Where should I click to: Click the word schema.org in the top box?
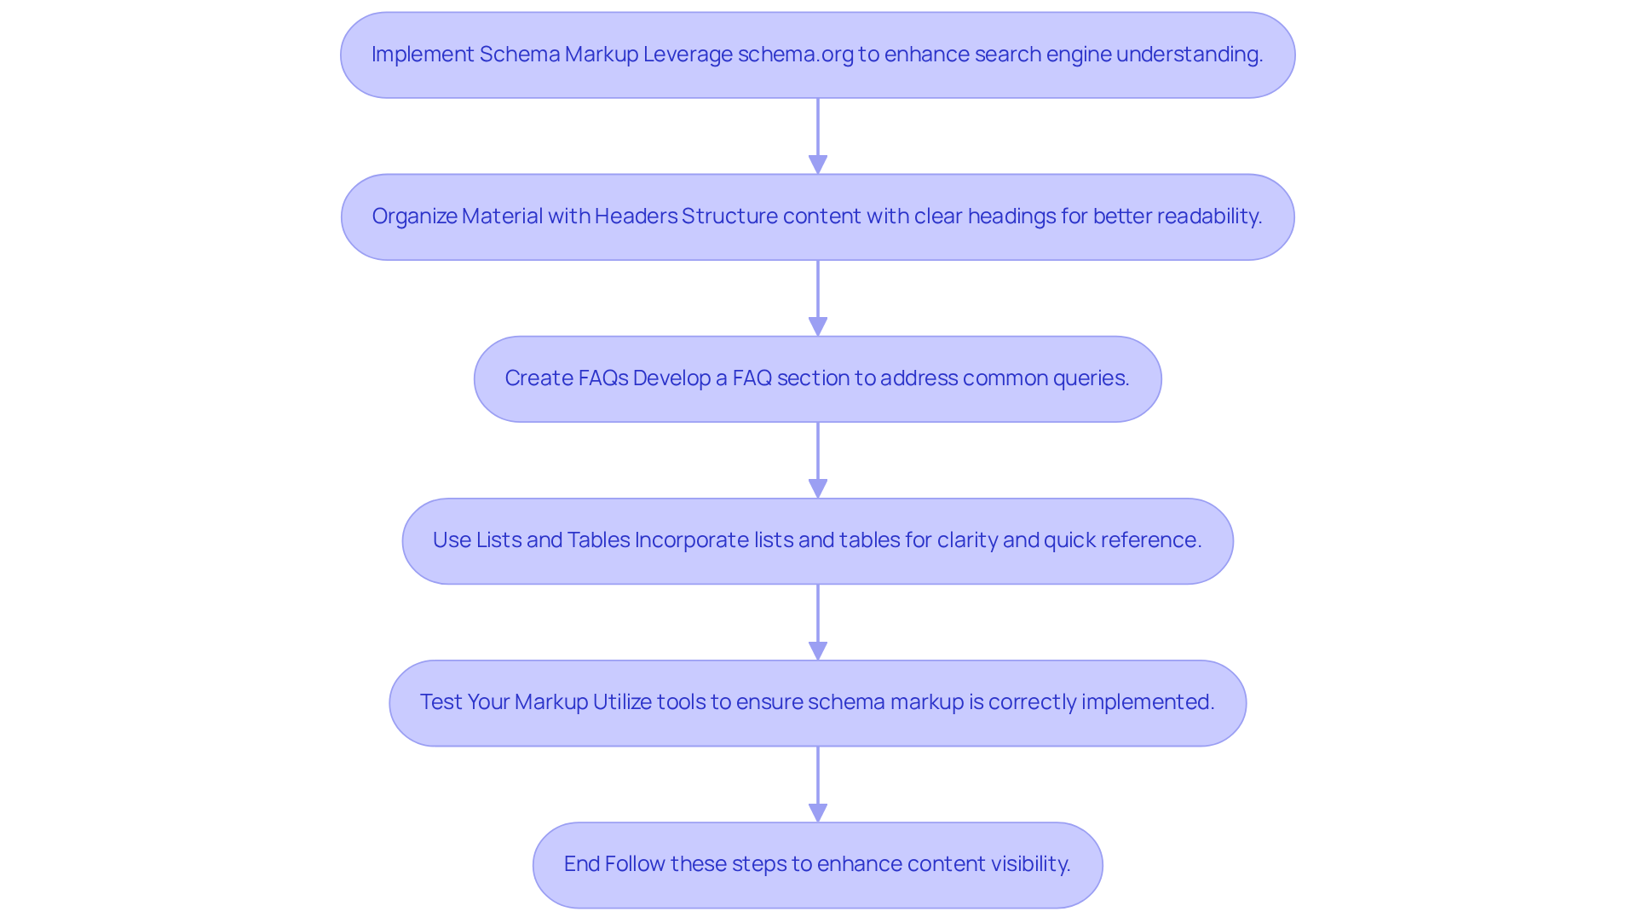(795, 55)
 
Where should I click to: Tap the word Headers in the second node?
(636, 216)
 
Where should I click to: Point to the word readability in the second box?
(1208, 216)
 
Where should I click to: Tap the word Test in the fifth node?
(441, 702)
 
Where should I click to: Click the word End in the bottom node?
(582, 864)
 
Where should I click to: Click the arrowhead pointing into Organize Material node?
(818, 164)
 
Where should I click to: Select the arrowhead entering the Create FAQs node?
(818, 326)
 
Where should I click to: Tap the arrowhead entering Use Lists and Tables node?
(818, 488)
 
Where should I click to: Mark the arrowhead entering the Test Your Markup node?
(818, 650)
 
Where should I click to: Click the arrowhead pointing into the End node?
(818, 812)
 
